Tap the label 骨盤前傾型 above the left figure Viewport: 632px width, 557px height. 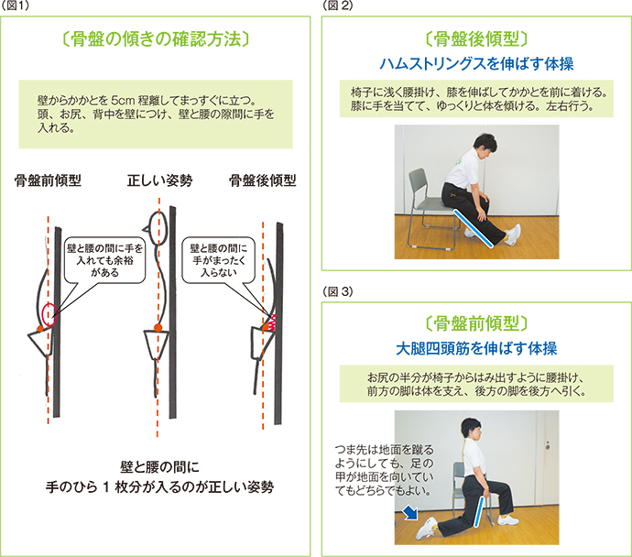click(x=48, y=180)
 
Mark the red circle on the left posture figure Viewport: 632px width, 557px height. click(x=49, y=313)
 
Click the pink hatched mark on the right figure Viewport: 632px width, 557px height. click(x=270, y=320)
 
